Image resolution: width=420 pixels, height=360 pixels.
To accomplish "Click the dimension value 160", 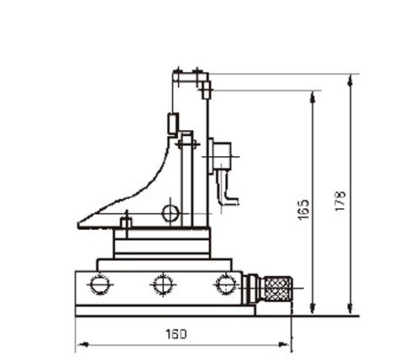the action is pos(176,334).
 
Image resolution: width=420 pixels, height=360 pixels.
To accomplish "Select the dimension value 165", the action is pos(304,210).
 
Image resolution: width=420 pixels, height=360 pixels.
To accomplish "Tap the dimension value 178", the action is pos(340,201).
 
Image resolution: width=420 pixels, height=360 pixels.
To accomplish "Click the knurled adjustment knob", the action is pos(278,289).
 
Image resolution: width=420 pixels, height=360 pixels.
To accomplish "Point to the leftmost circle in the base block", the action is pos(100,284).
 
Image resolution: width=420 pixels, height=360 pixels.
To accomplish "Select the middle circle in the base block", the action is pos(163,284).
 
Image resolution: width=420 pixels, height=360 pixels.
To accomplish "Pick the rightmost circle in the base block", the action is pos(226,284).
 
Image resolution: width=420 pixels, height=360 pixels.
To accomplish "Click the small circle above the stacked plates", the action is pos(171,213).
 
